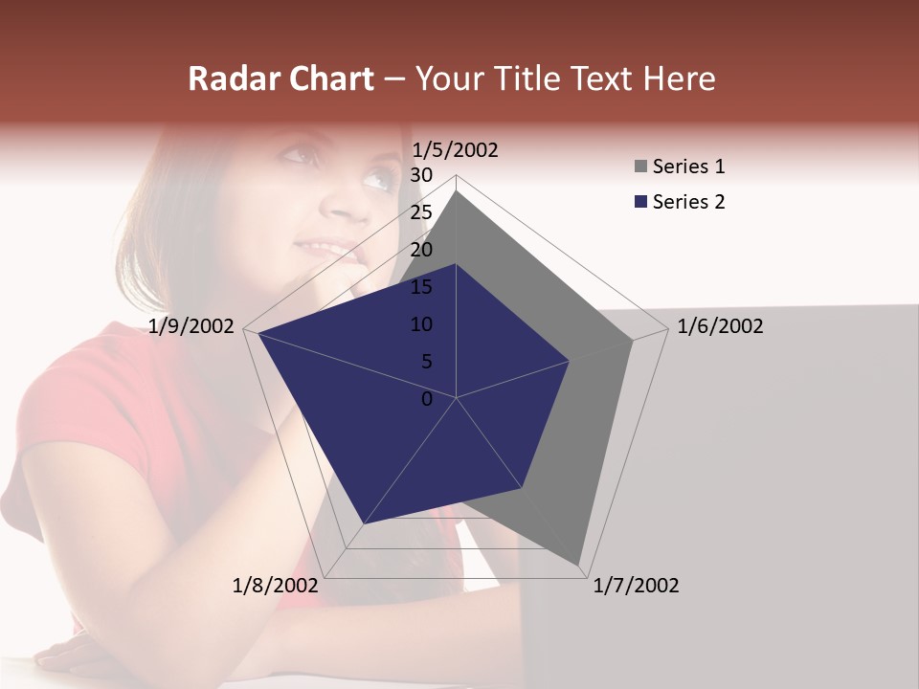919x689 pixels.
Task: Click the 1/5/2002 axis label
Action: pyautogui.click(x=455, y=150)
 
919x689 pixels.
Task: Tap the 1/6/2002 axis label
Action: pyautogui.click(x=720, y=326)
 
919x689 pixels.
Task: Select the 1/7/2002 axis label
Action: pyautogui.click(x=636, y=586)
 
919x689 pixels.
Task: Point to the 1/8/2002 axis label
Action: pyautogui.click(x=275, y=586)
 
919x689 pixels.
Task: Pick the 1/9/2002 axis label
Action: pyautogui.click(x=191, y=326)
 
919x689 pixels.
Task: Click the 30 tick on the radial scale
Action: pyautogui.click(x=421, y=175)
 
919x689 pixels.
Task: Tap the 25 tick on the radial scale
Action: pyautogui.click(x=421, y=212)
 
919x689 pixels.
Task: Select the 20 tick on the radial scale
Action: pyautogui.click(x=421, y=250)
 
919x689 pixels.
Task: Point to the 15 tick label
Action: pyautogui.click(x=421, y=287)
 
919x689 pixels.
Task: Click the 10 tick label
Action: pyautogui.click(x=421, y=324)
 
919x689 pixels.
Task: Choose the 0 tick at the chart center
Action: pyautogui.click(x=427, y=399)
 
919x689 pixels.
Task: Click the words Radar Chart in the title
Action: pyautogui.click(x=280, y=79)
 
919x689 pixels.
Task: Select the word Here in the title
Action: pyautogui.click(x=680, y=79)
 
